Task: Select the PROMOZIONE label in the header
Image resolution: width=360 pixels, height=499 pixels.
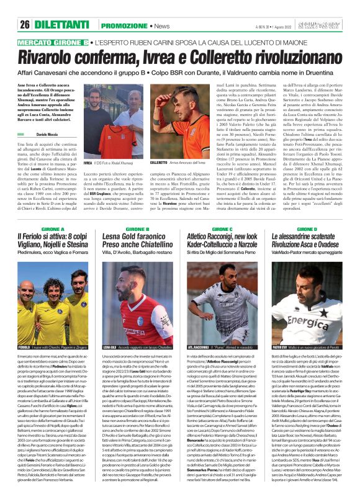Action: (124, 25)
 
